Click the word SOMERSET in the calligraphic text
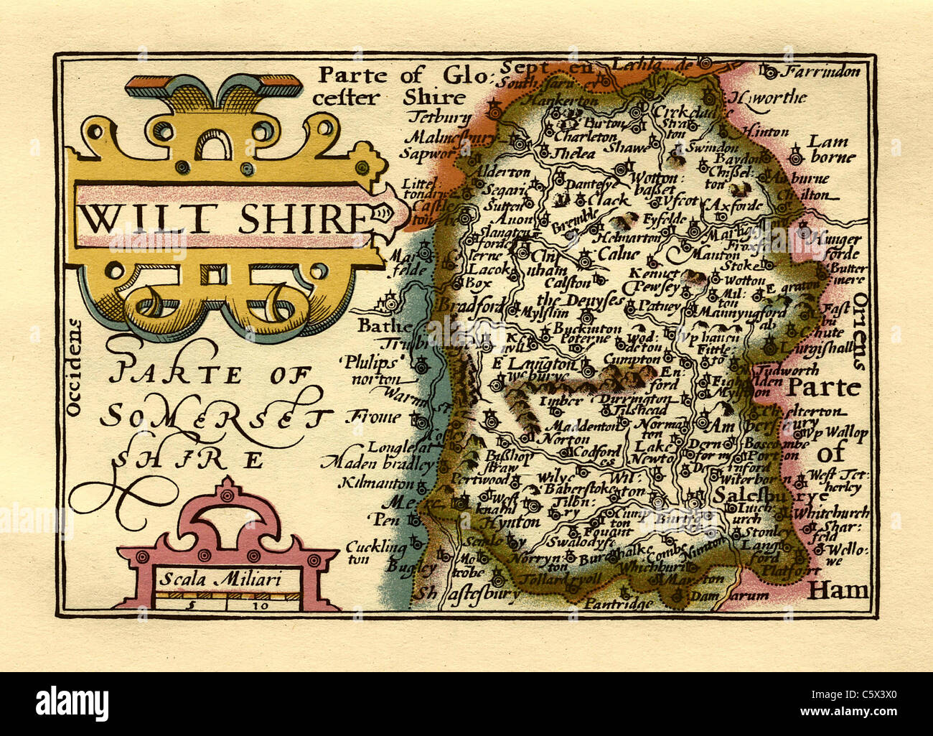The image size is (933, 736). tap(215, 416)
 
